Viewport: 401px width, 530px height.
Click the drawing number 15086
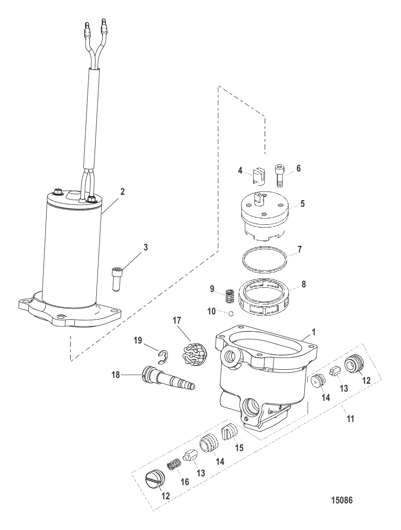click(342, 500)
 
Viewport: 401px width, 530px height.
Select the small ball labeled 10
click(231, 314)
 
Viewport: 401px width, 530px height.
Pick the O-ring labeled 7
click(264, 260)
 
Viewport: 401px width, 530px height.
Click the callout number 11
click(350, 419)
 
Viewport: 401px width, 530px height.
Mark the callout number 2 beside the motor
click(122, 192)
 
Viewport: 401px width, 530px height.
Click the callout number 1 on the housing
click(314, 332)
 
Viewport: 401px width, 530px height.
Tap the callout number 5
click(303, 204)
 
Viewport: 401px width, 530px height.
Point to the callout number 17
click(176, 320)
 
